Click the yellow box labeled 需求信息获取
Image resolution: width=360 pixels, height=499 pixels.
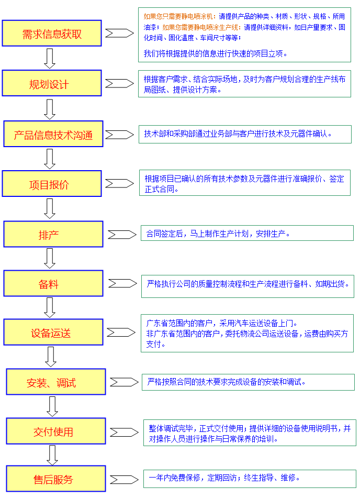coord(52,34)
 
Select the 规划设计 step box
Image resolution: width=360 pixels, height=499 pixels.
coord(52,83)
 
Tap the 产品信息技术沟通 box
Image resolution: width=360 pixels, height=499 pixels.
coord(53,134)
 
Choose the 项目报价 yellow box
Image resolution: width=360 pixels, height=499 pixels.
coord(52,184)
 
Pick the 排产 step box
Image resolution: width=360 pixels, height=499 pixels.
coord(53,234)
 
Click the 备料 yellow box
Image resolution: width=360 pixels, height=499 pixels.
coord(53,284)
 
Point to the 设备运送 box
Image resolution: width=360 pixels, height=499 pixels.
coord(53,332)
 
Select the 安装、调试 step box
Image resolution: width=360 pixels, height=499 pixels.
coord(56,382)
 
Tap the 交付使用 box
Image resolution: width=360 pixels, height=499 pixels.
coord(56,431)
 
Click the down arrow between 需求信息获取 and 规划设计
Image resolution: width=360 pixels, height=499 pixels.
coord(50,59)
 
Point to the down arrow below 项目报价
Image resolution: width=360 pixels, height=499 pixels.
coord(50,209)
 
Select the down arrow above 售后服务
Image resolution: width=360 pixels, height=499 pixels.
coord(52,456)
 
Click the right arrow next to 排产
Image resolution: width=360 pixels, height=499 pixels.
coord(122,235)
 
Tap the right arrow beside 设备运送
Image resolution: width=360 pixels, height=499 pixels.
coord(121,332)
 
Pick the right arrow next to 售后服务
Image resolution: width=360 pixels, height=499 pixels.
coord(125,480)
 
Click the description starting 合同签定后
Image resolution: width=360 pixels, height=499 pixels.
coord(218,234)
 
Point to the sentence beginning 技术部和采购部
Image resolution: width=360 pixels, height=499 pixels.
coord(238,134)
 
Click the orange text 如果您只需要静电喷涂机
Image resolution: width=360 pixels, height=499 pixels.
coord(178,16)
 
